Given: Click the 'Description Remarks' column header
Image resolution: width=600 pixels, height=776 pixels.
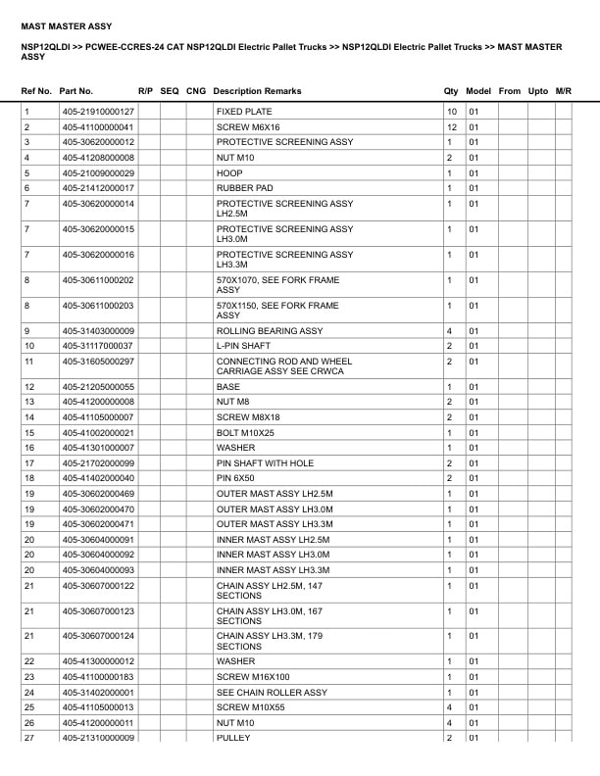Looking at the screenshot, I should [257, 91].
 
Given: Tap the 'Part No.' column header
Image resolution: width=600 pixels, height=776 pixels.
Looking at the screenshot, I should [76, 91].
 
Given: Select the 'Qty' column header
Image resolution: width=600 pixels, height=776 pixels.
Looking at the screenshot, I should [451, 91].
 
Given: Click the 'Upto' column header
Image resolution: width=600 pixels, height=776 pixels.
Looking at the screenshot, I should [538, 91].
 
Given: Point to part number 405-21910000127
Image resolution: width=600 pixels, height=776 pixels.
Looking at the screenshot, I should [99, 112].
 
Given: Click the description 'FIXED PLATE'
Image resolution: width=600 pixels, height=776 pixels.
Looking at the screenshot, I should [244, 112].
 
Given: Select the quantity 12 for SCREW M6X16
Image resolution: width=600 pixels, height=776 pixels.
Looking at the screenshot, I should [452, 127].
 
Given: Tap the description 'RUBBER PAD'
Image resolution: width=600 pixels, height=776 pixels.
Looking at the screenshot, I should [244, 188].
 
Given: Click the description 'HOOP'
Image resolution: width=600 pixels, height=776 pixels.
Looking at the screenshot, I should [229, 172].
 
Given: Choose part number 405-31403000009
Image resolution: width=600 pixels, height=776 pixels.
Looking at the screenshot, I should [99, 331].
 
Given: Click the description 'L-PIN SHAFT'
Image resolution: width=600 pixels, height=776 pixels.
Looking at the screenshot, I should [243, 346].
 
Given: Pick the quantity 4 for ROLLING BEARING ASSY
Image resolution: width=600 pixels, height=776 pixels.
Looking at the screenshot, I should [449, 331].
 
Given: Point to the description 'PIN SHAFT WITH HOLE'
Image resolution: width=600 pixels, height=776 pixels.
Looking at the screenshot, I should [265, 462].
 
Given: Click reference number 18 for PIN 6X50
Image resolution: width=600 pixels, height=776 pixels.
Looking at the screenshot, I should [28, 478].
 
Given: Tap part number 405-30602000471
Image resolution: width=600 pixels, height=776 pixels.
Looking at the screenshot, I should [99, 524].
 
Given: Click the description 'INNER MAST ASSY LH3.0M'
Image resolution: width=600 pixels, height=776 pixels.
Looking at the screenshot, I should [274, 555].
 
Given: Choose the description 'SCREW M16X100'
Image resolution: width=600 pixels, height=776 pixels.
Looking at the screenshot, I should [252, 677].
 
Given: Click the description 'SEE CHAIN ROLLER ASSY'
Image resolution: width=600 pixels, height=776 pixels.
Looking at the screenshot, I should [272, 693].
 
